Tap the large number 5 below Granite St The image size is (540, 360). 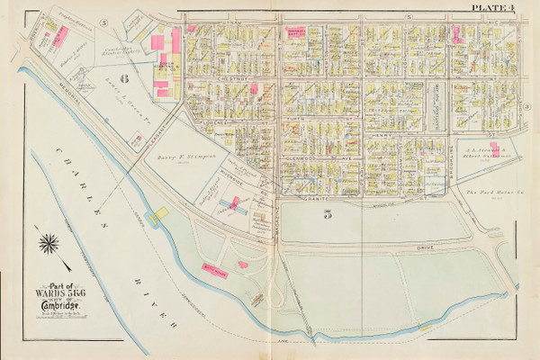303,213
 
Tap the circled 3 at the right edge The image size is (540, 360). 526,106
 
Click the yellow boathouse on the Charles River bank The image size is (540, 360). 160,214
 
